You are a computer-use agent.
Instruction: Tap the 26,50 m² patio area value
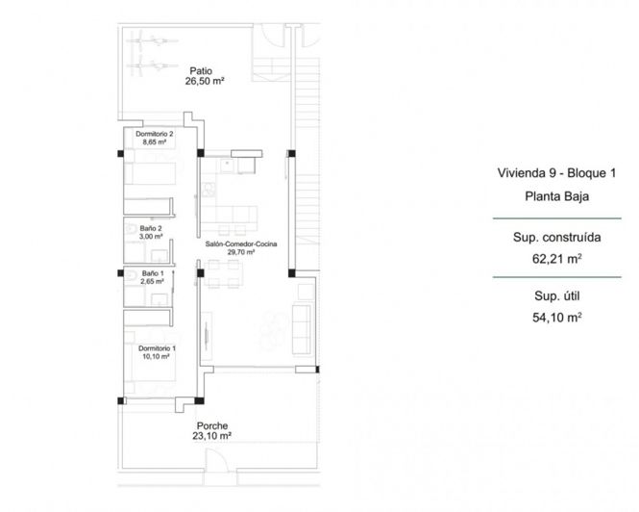pyautogui.click(x=204, y=83)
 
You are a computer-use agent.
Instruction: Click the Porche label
pyautogui.click(x=211, y=425)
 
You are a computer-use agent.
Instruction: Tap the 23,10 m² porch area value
pyautogui.click(x=211, y=436)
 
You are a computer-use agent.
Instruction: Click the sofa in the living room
pyautogui.click(x=300, y=323)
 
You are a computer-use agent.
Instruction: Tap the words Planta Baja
pyautogui.click(x=556, y=197)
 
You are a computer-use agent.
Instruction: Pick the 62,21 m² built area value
pyautogui.click(x=556, y=259)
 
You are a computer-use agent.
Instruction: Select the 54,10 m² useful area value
pyautogui.click(x=556, y=317)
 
